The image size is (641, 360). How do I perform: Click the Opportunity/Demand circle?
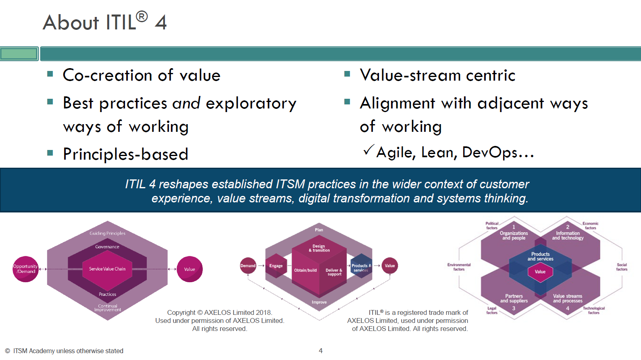(25, 269)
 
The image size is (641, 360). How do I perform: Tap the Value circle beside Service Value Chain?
(189, 269)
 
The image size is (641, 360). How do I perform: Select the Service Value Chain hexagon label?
(107, 269)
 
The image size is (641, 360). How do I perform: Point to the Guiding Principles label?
(107, 233)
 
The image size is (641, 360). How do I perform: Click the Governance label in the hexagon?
(107, 247)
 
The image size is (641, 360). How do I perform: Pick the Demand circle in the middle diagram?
(248, 266)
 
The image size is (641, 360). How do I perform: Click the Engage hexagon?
(276, 266)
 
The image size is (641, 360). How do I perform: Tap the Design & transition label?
(319, 248)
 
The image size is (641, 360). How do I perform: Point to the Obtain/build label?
(305, 270)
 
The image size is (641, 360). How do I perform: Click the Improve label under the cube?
(319, 302)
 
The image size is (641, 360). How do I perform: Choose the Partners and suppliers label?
(514, 298)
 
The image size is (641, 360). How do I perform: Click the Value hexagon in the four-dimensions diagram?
(540, 272)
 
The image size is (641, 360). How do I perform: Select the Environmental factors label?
(459, 267)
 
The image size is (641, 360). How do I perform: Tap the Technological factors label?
(593, 310)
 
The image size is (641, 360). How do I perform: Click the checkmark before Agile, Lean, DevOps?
(368, 150)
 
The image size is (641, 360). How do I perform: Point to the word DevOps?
(489, 152)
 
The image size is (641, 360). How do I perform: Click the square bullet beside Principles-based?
(50, 153)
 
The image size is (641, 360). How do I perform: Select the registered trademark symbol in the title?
(142, 17)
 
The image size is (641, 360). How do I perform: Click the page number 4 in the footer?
(320, 351)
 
